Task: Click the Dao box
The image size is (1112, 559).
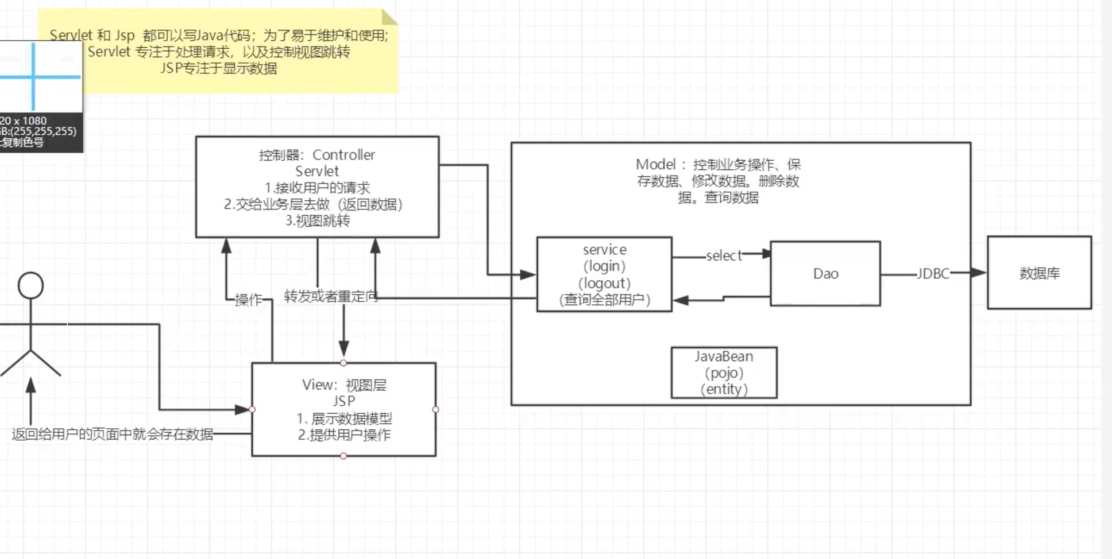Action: point(825,274)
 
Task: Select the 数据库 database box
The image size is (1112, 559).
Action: point(1039,273)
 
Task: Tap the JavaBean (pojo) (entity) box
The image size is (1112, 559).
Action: point(724,373)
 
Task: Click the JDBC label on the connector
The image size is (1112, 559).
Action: point(933,274)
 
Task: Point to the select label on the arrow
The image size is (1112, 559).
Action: point(723,256)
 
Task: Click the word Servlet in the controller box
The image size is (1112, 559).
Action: point(317,171)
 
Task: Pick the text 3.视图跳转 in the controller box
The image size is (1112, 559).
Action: point(318,221)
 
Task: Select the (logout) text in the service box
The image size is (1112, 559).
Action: point(604,283)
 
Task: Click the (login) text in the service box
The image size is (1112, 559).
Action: point(604,266)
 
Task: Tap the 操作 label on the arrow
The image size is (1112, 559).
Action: point(249,300)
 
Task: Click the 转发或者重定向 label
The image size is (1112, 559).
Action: point(331,297)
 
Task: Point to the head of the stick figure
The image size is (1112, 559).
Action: point(30,285)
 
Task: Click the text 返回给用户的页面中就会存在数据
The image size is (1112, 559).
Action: point(113,434)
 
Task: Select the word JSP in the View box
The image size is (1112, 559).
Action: point(343,401)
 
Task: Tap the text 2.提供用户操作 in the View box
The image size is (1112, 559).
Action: point(344,435)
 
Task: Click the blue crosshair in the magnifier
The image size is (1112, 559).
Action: point(33,76)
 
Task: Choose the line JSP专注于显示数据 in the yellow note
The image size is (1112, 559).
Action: point(219,68)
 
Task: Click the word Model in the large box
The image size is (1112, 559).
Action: point(655,164)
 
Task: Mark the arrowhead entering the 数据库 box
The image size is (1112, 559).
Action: point(979,273)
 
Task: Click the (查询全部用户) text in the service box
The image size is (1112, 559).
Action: point(604,300)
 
